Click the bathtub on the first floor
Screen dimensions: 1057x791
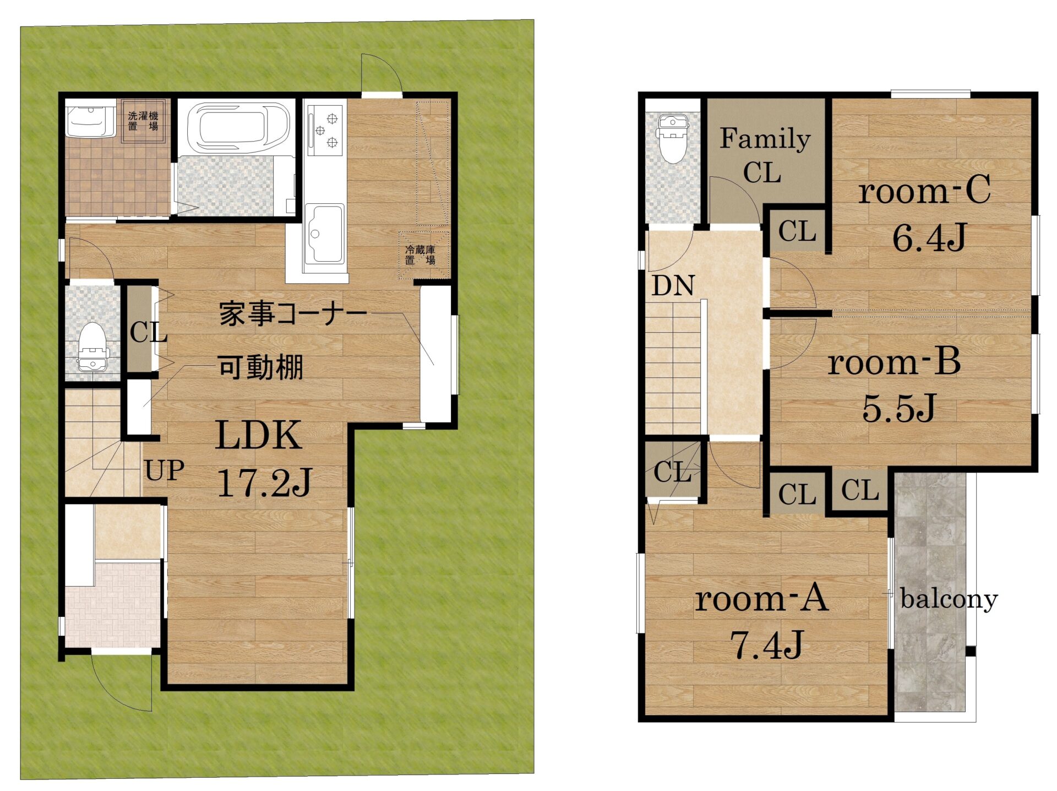238,127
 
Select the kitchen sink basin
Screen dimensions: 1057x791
324,234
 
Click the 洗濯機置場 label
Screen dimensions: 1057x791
143,121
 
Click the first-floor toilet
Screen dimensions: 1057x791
91,346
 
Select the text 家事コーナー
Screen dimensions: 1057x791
293,314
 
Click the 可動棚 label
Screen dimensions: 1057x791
260,367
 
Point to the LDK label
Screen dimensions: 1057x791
259,435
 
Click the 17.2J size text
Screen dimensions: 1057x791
265,483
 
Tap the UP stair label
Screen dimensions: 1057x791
164,471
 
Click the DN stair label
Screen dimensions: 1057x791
673,285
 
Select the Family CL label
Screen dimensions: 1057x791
765,155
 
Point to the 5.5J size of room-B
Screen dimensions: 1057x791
899,408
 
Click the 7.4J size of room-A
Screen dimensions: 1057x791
767,644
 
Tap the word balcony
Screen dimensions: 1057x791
949,599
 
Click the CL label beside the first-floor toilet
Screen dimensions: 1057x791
149,332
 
